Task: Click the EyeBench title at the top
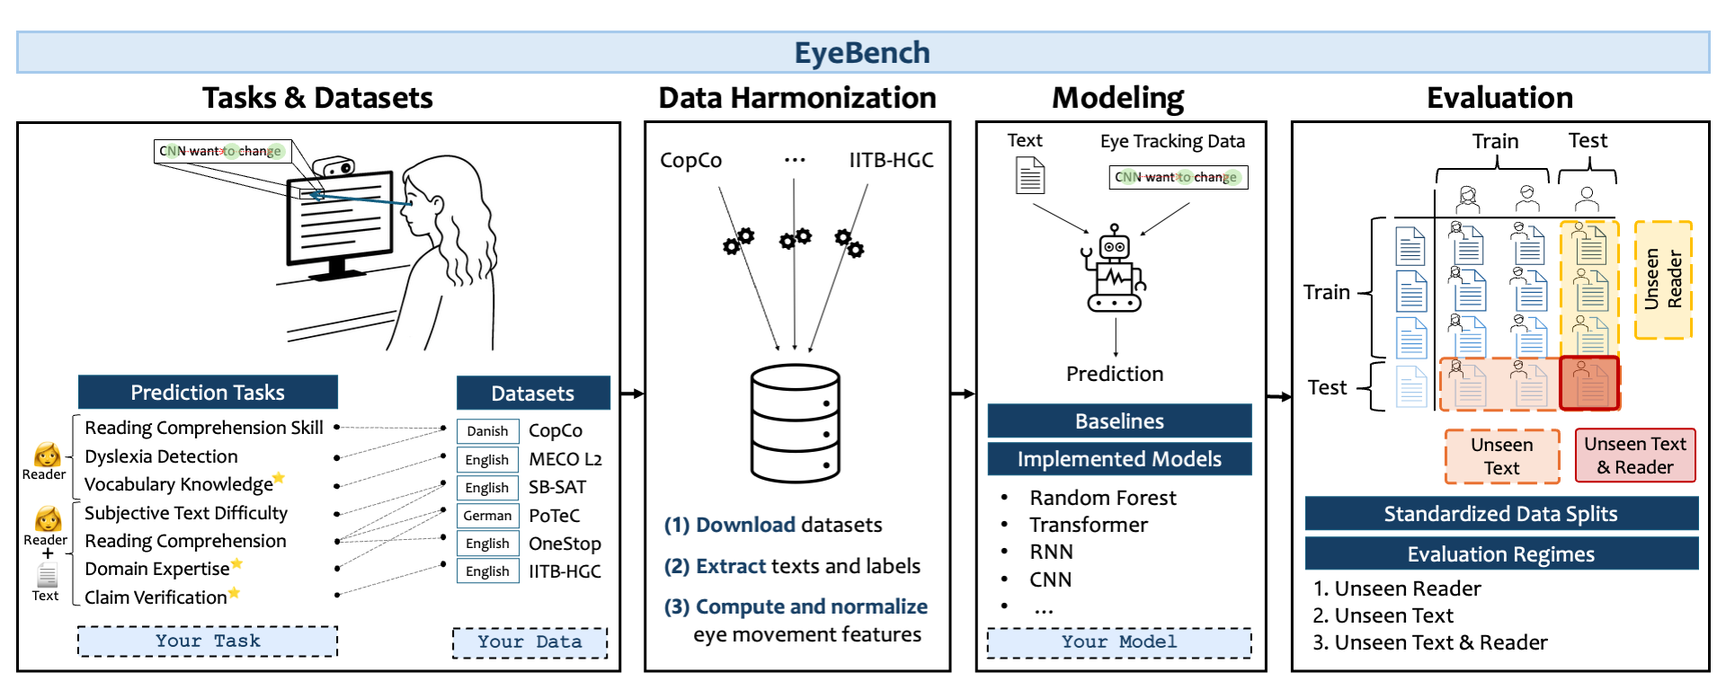861,53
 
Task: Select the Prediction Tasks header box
208,393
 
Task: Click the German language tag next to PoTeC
487,516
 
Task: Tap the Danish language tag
487,431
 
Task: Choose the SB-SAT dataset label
557,487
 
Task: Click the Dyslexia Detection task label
161,456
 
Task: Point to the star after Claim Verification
235,593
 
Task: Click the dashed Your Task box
208,641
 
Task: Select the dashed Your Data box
529,642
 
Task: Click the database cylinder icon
795,424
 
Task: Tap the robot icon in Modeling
1115,270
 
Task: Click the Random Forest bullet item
1102,498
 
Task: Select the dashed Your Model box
1118,642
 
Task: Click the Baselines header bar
1119,420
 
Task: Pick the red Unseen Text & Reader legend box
1634,456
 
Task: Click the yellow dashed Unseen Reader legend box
1662,280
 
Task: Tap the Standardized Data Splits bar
1500,514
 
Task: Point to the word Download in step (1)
745,525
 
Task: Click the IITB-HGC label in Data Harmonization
891,160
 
